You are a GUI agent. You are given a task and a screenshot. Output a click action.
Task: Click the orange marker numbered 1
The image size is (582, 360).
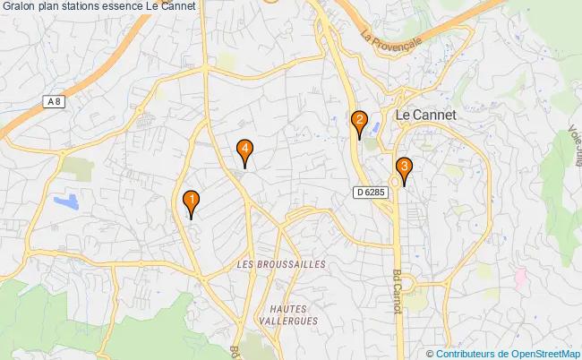(191, 201)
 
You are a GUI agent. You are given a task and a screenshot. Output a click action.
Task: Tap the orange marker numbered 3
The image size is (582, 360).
(405, 167)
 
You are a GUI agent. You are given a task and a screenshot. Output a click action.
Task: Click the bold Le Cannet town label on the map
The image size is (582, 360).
(425, 116)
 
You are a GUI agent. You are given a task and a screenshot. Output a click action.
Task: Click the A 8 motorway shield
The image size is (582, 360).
(56, 103)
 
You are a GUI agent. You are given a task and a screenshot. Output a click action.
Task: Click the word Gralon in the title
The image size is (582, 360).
(20, 7)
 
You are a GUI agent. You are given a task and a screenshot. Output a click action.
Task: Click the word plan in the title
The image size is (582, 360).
(50, 7)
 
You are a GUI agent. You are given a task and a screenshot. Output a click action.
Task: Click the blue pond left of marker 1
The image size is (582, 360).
(67, 201)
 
